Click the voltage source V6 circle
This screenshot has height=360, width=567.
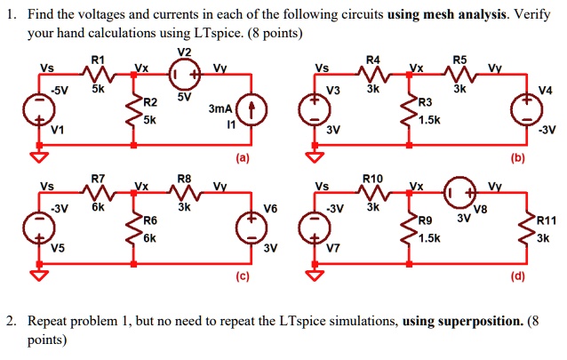(251, 228)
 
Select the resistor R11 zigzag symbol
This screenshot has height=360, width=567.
(524, 228)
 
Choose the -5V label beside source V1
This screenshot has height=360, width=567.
(60, 90)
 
